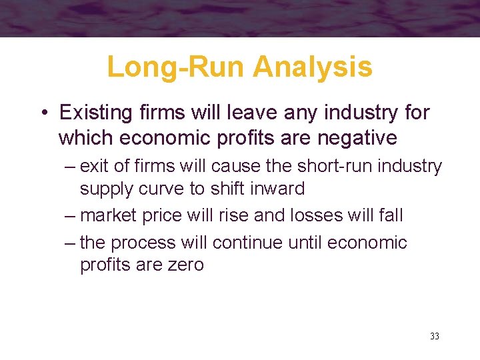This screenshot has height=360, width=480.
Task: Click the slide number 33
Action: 435,336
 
